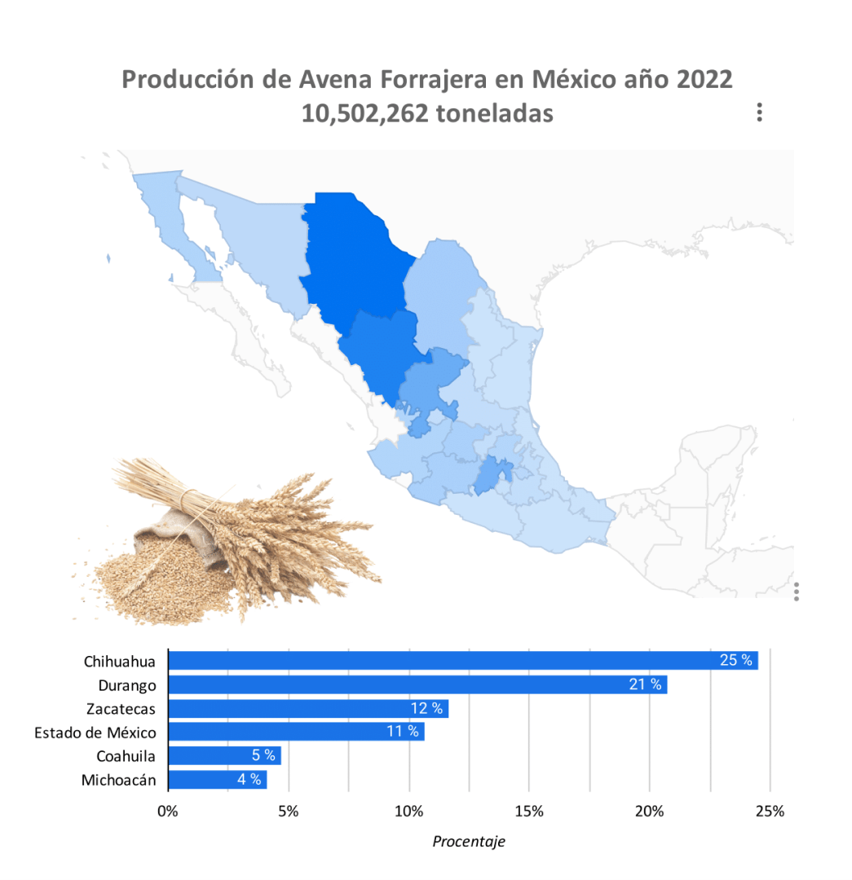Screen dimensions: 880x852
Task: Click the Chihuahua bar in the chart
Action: tap(462, 660)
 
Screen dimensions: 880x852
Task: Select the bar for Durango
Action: tap(417, 684)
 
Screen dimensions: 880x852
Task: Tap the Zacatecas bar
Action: tap(307, 708)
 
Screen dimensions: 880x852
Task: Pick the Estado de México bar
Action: tap(296, 732)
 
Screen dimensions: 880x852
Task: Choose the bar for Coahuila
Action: tap(224, 755)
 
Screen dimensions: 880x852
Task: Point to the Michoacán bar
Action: tap(217, 780)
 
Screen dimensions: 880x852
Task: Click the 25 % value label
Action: tap(736, 660)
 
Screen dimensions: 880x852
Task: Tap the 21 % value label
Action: tap(645, 684)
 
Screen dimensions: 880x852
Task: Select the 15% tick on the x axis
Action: tap(529, 812)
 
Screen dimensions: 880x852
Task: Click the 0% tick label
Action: tap(168, 812)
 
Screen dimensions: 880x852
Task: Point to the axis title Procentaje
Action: tap(469, 842)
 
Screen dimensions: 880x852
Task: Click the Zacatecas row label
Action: tap(121, 708)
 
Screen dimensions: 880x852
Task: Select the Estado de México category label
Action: tap(95, 733)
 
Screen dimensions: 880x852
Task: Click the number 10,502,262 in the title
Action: tap(364, 112)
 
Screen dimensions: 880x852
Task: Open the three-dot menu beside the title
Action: tap(759, 112)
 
